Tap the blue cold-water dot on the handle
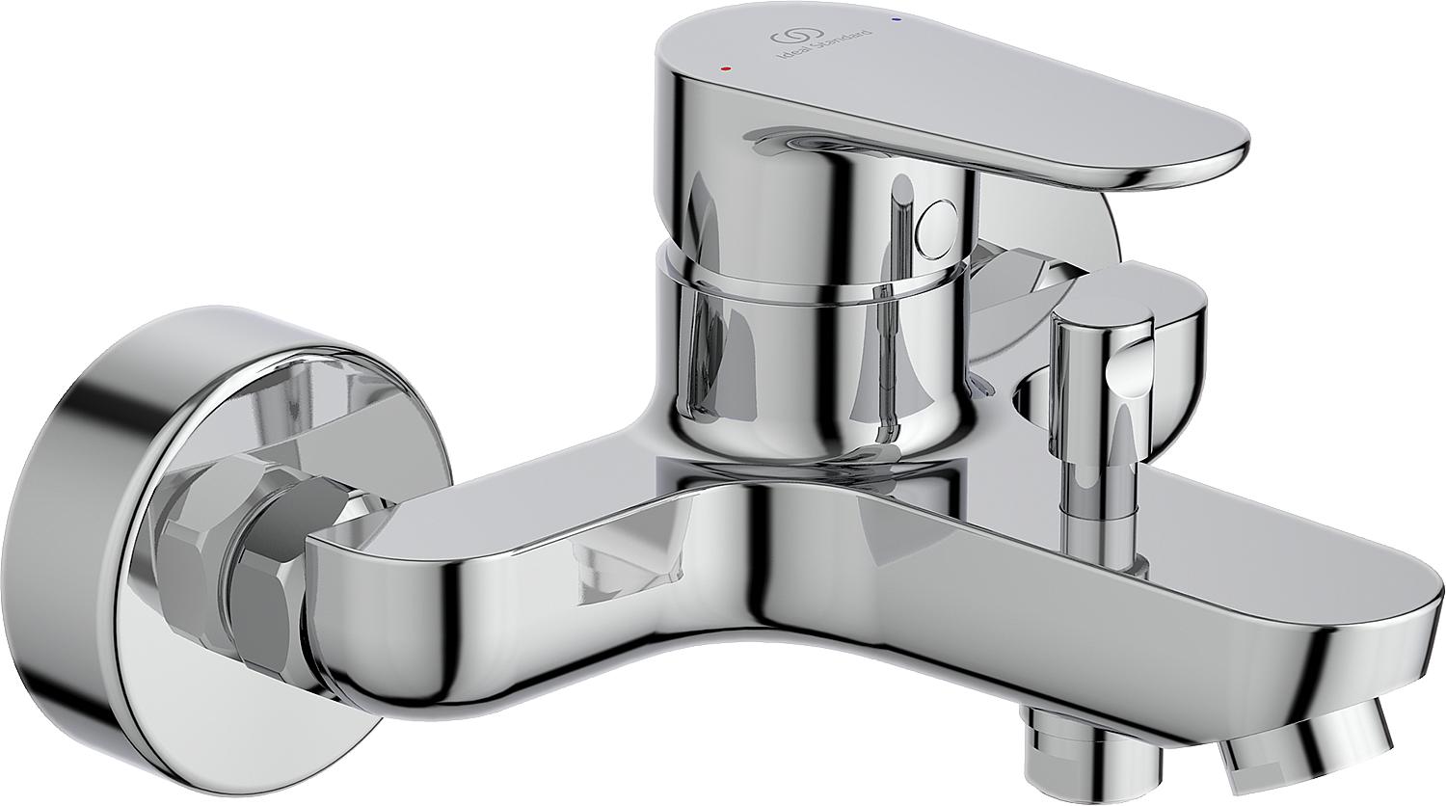896,20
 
